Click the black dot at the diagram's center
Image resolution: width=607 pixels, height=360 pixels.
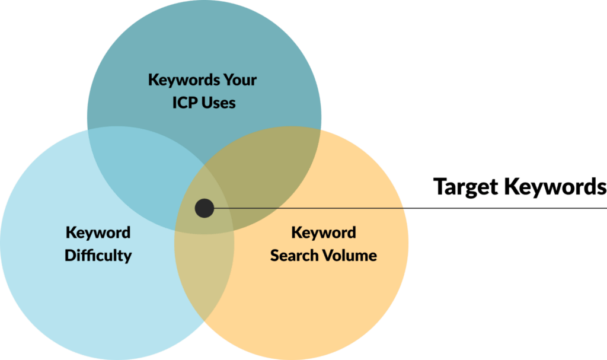pos(205,208)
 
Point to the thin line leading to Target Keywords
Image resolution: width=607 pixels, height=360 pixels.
pos(410,208)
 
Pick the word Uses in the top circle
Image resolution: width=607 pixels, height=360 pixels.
pos(219,103)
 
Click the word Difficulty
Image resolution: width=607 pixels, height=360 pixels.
pos(98,256)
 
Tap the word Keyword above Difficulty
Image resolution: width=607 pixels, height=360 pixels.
pos(98,233)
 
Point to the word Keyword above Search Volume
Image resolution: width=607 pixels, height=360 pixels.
pos(324,233)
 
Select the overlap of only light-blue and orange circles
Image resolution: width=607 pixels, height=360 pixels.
pos(205,271)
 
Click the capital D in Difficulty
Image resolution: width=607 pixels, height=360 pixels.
pos(70,256)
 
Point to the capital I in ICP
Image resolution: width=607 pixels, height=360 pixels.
pos(175,103)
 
